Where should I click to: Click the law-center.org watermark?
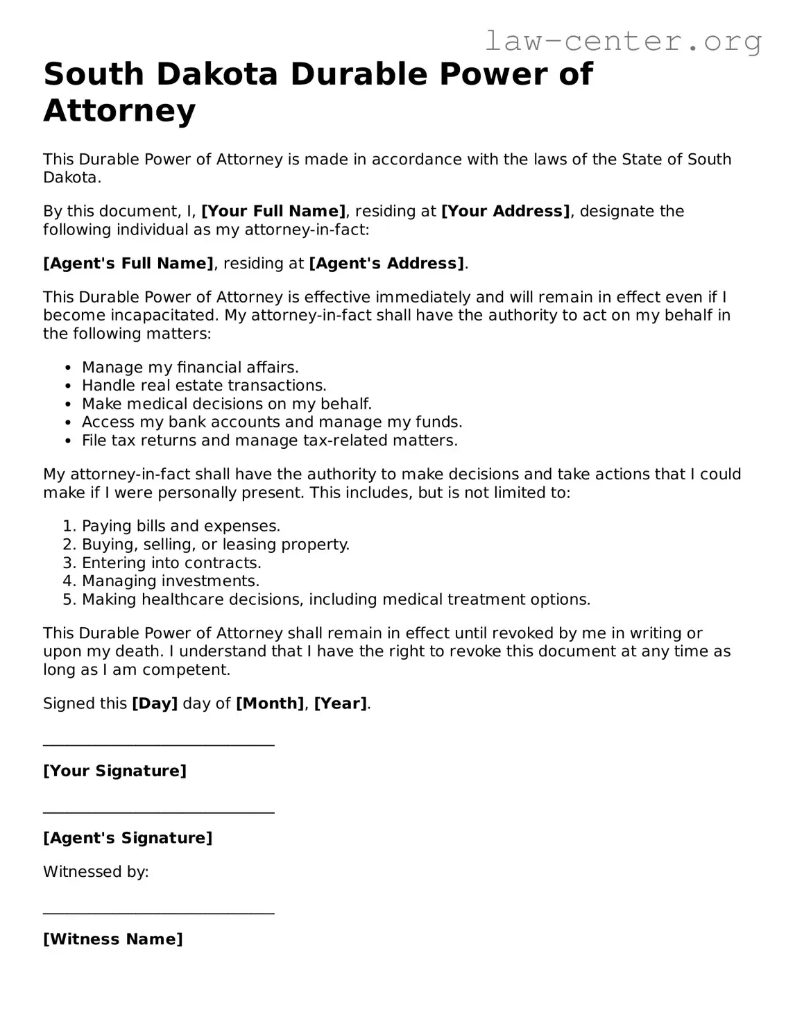point(622,42)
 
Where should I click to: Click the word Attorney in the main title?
point(119,111)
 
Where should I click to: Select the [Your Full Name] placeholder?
point(273,212)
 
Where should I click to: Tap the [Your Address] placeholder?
point(505,212)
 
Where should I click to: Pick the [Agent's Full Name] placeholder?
point(128,264)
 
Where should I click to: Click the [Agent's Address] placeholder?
point(386,264)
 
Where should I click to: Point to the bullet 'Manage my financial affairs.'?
point(190,368)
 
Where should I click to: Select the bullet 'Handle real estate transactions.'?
point(204,386)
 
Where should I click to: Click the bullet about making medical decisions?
point(227,404)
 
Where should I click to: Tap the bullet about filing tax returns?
point(270,441)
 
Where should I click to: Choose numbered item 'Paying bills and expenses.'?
point(181,527)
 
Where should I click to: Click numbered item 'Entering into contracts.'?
point(171,563)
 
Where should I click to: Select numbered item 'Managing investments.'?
point(171,581)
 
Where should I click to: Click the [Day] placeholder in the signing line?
point(155,703)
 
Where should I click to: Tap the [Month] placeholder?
point(270,703)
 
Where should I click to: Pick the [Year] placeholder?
point(340,703)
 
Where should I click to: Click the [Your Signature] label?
point(115,771)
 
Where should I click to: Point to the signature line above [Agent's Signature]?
point(159,812)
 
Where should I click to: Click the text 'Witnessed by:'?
point(96,872)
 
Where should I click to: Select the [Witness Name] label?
point(113,940)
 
